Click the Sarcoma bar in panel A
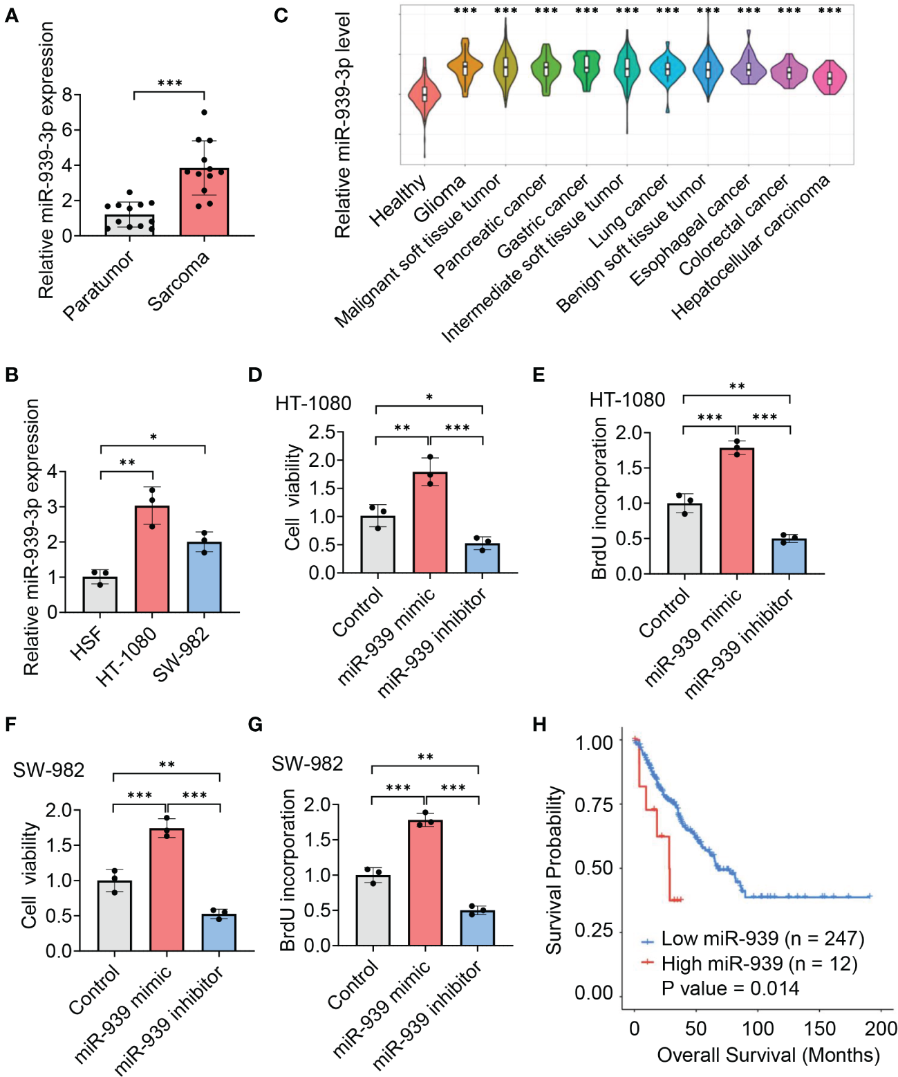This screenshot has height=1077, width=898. point(204,202)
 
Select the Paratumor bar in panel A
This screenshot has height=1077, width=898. point(129,225)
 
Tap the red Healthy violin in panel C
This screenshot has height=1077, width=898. point(424,94)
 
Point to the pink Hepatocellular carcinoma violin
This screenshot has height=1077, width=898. point(830,77)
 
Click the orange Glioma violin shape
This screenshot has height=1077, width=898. point(465,67)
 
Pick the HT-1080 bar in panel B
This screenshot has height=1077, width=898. point(152,559)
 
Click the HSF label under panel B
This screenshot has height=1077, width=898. point(86,643)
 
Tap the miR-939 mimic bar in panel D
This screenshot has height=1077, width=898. point(430,522)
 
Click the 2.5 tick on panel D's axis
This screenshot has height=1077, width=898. point(321,432)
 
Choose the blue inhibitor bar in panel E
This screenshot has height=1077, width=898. point(789,556)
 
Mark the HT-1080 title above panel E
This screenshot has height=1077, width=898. point(627,400)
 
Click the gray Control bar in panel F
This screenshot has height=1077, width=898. point(115,916)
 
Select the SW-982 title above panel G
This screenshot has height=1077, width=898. point(307,764)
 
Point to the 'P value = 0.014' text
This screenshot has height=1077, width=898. point(729,988)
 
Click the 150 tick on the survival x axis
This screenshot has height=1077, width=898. point(819,1029)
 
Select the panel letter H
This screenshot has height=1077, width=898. point(539,724)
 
